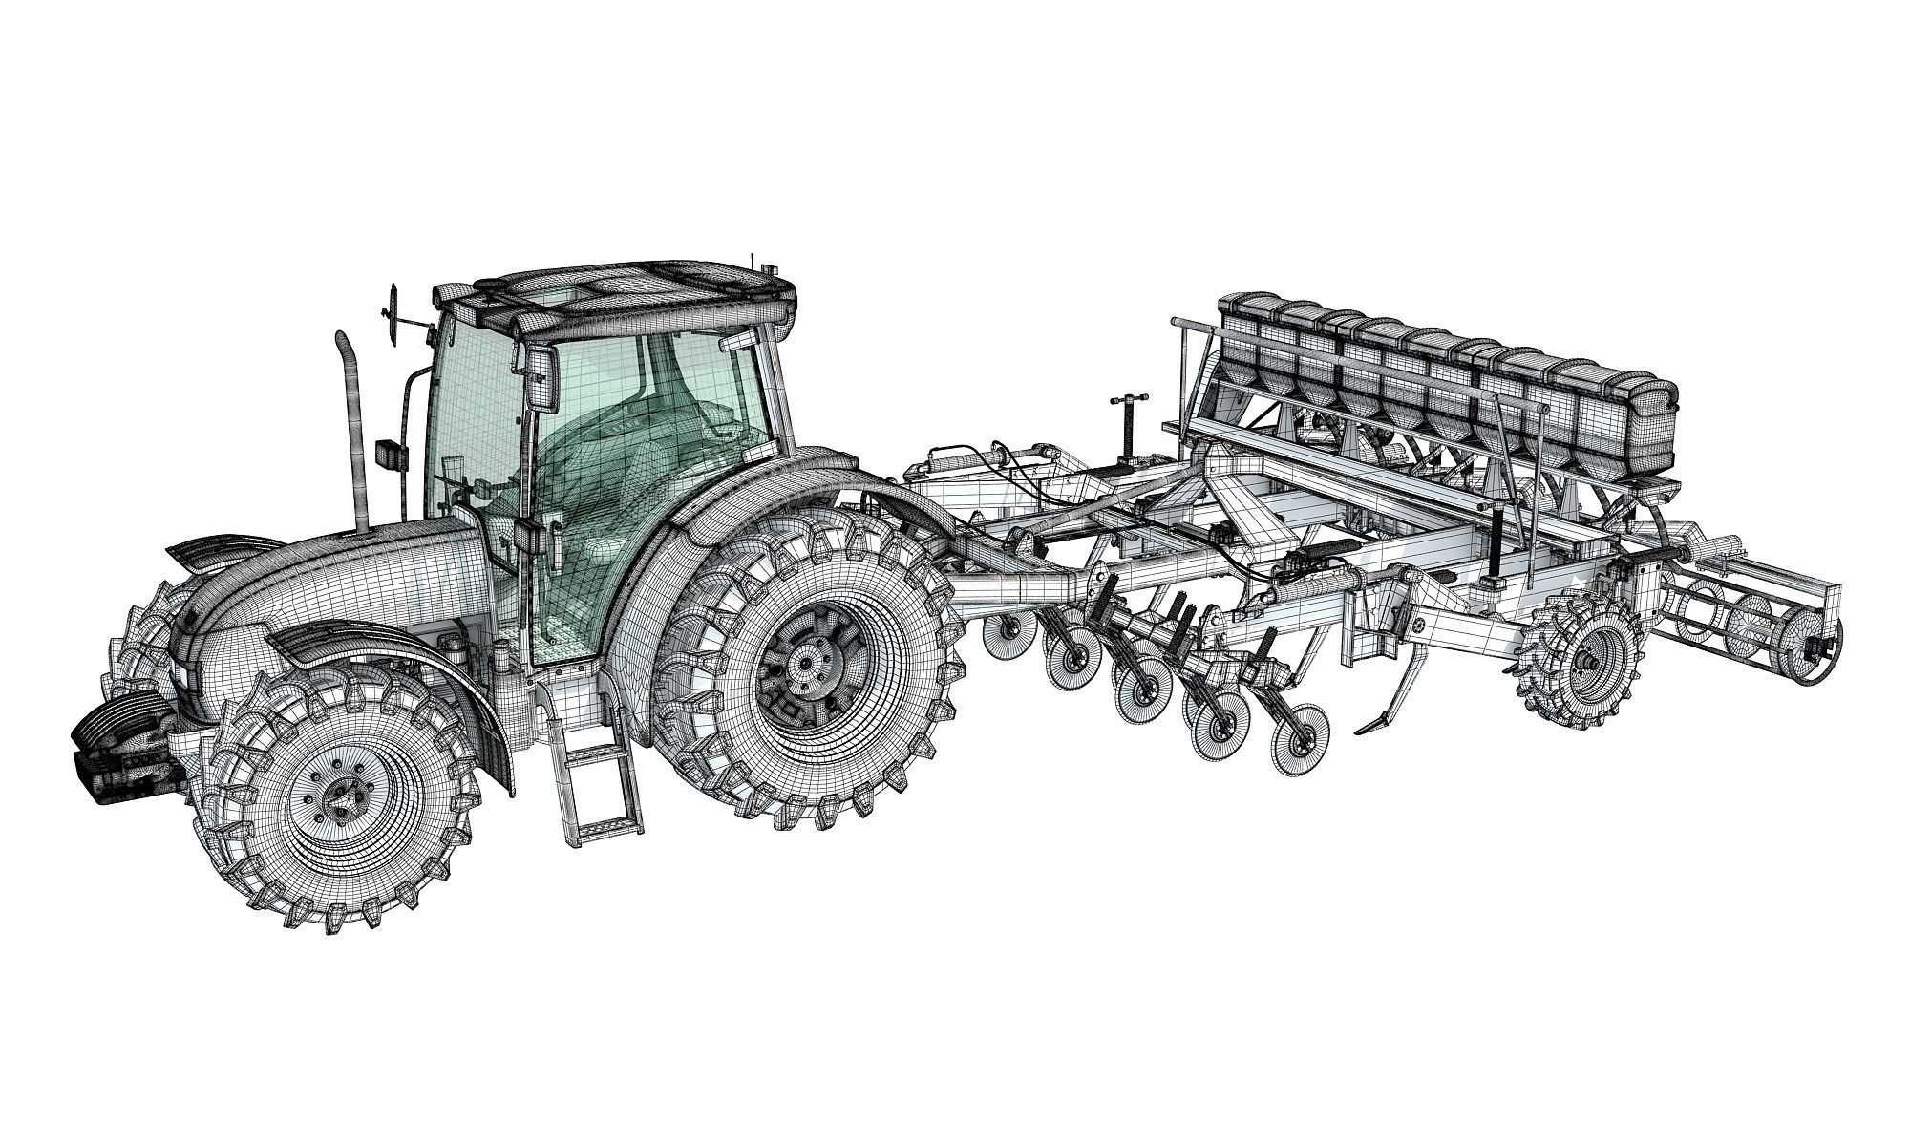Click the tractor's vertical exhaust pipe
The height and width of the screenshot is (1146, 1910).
point(353,430)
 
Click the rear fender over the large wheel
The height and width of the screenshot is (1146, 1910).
point(764,497)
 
